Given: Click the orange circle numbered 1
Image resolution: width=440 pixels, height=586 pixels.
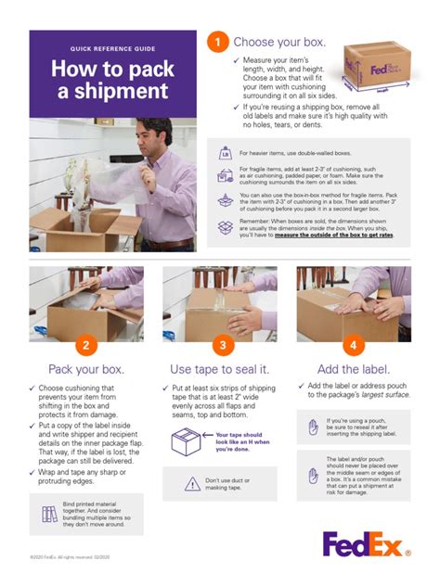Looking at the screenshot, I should coord(217,43).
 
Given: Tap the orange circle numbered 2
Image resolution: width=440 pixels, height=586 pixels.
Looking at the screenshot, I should coord(86,346).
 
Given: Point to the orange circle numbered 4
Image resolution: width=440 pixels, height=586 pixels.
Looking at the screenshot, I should coord(355,346).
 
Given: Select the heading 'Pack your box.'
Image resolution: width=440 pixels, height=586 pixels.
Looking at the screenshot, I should coord(86,368).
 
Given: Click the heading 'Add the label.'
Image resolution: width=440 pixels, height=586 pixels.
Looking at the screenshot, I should coord(354,368).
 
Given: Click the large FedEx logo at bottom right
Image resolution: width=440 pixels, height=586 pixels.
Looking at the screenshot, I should coord(367,544).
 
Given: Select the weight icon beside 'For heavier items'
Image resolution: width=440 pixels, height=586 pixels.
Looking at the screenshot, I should coord(225,153).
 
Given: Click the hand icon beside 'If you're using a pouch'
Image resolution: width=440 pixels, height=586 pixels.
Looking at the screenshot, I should coord(313,427).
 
